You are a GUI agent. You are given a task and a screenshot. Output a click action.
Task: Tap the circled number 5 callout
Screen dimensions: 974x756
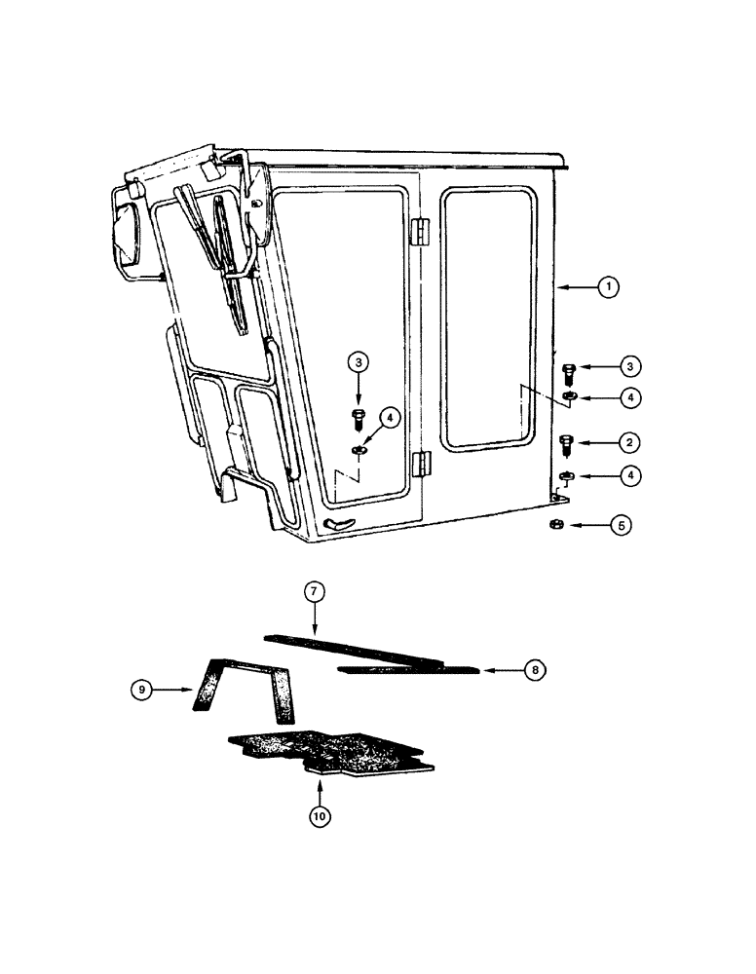pos(621,525)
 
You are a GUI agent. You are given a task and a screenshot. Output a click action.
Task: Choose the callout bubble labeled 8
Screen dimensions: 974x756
pos(534,670)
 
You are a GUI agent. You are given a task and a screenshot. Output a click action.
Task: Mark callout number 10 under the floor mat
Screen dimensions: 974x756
pos(319,816)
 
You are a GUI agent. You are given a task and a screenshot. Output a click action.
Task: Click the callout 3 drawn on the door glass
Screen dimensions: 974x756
pos(359,361)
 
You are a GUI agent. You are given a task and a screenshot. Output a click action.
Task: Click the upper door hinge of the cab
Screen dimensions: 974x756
pos(420,232)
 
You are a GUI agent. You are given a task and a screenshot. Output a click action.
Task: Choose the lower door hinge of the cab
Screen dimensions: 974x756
pos(421,463)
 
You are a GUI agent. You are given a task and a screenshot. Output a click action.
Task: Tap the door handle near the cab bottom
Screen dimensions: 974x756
pos(338,523)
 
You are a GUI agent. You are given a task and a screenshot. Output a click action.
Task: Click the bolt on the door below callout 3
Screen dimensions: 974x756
pos(358,421)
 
